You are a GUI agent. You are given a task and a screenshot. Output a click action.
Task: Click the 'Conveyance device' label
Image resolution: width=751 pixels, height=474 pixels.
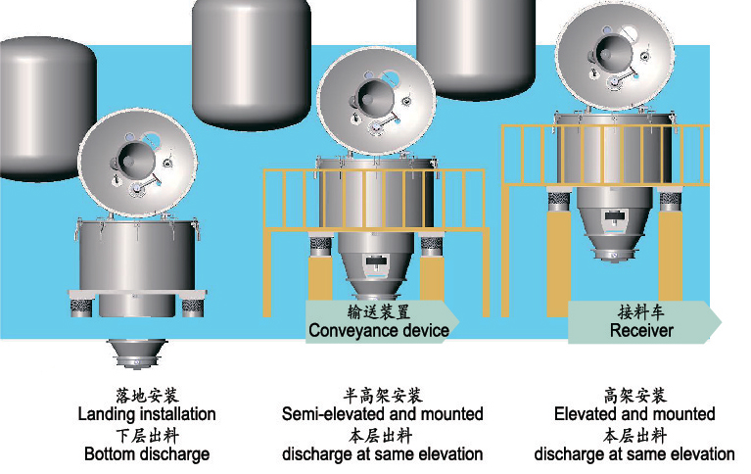(x=378, y=330)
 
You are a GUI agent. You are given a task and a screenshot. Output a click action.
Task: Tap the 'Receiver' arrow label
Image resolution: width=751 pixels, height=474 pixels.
(x=641, y=330)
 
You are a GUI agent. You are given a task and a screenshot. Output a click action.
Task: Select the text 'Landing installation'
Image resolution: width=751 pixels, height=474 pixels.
(x=147, y=414)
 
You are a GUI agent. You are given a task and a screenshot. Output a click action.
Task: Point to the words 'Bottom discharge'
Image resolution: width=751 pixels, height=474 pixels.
(x=147, y=453)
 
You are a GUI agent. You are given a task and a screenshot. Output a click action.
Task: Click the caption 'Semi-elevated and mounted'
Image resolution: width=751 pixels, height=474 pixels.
(x=382, y=414)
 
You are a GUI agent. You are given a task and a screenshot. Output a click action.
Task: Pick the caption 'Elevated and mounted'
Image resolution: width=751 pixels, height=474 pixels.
(x=634, y=414)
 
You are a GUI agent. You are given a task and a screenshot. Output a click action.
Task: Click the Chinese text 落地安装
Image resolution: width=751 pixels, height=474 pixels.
(x=147, y=396)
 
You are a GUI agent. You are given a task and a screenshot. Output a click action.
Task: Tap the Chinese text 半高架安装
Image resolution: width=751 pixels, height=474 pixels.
(x=382, y=396)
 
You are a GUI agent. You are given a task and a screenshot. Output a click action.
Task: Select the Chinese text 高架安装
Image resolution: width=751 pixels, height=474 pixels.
(x=634, y=396)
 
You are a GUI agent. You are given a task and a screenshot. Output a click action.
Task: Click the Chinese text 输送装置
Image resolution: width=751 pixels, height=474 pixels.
(x=378, y=312)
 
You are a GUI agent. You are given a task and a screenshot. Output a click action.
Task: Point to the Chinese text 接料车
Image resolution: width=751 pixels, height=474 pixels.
(x=641, y=312)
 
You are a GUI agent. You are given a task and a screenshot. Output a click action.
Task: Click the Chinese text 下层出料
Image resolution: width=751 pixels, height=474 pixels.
(x=147, y=435)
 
